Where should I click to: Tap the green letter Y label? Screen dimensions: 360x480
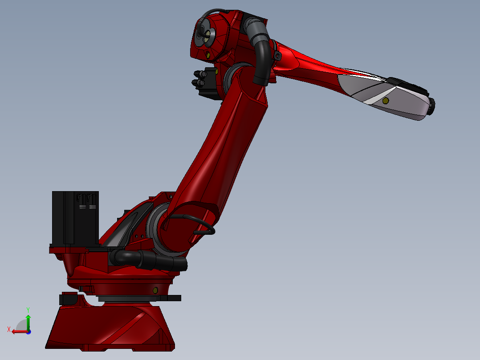[28, 309]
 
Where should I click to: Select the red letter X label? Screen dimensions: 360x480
[9, 329]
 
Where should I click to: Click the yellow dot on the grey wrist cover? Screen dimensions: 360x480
[385, 101]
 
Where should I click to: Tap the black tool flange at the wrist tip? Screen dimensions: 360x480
[431, 105]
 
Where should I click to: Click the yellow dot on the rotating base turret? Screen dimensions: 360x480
[155, 290]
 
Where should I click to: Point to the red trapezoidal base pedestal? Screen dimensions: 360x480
[111, 327]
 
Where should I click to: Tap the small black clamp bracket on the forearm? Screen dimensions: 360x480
[278, 56]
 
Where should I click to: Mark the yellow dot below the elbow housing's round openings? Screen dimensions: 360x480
[207, 55]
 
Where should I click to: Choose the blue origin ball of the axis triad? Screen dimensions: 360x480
[28, 331]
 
